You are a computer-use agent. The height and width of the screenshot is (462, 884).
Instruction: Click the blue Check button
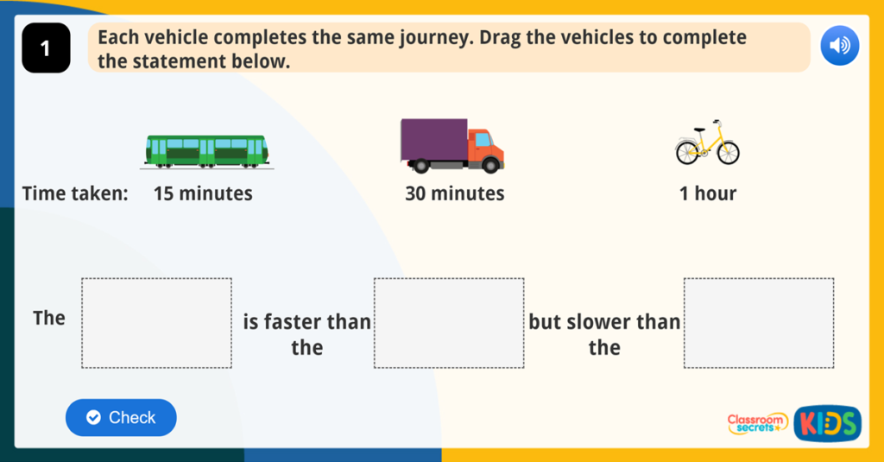click(x=121, y=418)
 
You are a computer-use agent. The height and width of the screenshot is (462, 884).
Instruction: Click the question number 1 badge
click(x=45, y=49)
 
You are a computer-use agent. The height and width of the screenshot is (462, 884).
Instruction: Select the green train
click(x=207, y=150)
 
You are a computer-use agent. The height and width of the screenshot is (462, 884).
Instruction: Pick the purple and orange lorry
click(x=451, y=145)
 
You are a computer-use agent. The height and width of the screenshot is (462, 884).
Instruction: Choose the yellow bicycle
click(x=707, y=144)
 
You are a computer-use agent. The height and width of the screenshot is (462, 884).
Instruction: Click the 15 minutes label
click(x=203, y=193)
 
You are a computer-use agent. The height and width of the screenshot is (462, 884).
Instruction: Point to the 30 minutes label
click(x=454, y=193)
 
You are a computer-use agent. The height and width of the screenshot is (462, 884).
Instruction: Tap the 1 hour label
click(x=707, y=193)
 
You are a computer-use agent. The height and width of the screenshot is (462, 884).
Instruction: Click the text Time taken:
click(x=75, y=193)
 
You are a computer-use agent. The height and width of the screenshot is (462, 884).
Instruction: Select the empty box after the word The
click(x=156, y=323)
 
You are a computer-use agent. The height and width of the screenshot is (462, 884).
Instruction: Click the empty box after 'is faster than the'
click(x=448, y=323)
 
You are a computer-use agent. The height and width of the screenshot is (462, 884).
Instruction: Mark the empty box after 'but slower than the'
click(x=758, y=323)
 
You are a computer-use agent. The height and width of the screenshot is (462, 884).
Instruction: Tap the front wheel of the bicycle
click(x=728, y=154)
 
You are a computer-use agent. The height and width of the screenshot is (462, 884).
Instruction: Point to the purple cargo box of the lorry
click(x=433, y=138)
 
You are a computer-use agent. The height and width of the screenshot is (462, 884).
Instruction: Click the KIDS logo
click(x=827, y=423)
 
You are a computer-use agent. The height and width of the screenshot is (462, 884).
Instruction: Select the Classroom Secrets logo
click(x=757, y=422)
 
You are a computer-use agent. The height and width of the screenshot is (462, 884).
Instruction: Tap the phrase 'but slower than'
click(x=604, y=322)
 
